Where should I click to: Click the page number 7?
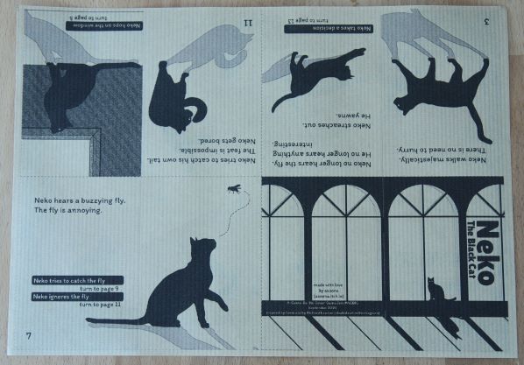[x=28, y=336]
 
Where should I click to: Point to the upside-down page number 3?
[x=484, y=18]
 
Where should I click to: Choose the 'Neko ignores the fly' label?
[x=70, y=296]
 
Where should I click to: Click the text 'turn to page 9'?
[x=103, y=288]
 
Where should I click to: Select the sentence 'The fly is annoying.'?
[x=68, y=211]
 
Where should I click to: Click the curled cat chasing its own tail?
[x=179, y=98]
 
